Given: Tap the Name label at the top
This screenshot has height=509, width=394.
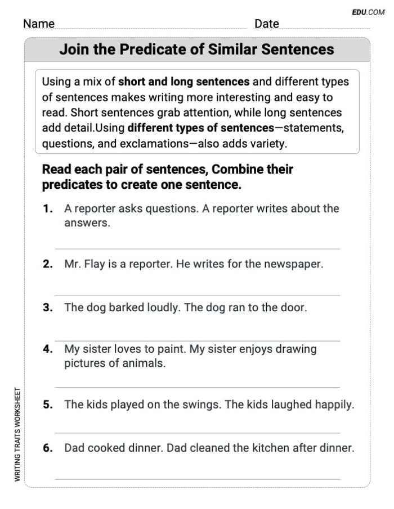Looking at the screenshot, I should (x=39, y=24).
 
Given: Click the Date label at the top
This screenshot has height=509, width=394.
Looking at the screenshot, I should (x=266, y=24).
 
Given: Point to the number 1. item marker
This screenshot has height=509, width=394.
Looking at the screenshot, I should (x=48, y=209).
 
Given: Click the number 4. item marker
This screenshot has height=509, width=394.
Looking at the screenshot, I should (x=48, y=349).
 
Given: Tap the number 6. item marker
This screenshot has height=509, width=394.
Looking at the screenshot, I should (x=48, y=448).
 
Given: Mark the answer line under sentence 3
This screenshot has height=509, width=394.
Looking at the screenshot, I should (x=197, y=341).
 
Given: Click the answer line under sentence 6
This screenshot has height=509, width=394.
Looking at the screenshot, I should (x=197, y=479).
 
